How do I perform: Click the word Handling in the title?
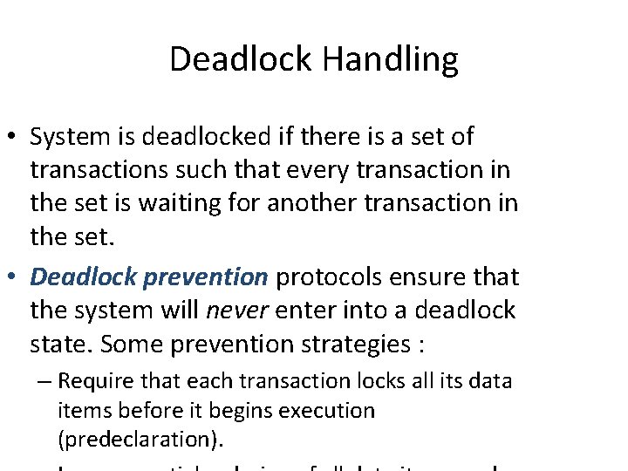click(x=390, y=60)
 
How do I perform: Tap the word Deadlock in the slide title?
click(x=240, y=60)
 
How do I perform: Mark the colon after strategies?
click(x=420, y=345)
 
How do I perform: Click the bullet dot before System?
click(x=14, y=138)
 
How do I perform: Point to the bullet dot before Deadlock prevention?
click(x=14, y=278)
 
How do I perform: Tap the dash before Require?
click(x=43, y=382)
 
